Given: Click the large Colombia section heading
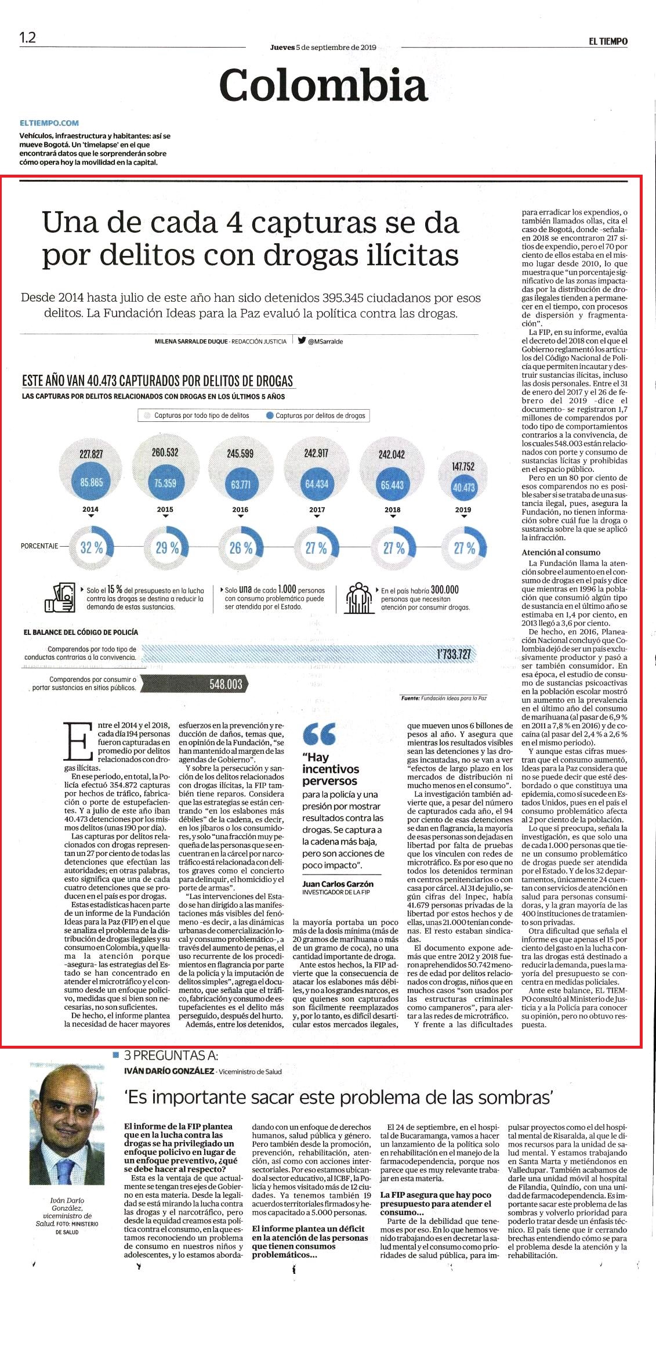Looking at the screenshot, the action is pos(323,85).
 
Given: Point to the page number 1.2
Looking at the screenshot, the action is pos(27,38).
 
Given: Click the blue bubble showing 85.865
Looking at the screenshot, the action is pos(92,482).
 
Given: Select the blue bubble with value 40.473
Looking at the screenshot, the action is pos(463,487).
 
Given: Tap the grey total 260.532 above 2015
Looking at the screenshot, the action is pos(165,452).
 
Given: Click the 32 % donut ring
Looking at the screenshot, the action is pos(91,547).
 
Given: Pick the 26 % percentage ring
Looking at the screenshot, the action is pos(240,547).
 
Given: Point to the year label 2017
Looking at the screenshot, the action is pos(317,510).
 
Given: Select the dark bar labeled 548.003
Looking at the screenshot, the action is pos(196,684).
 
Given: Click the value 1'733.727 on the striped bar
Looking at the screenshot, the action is pos(454,655).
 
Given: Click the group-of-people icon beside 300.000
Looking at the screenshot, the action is pos(358,595).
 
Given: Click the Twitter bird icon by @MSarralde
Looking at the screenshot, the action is pos(302,341).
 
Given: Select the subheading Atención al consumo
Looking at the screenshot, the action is pos(561,552).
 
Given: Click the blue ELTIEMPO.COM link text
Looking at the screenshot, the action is pos(49,123).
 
